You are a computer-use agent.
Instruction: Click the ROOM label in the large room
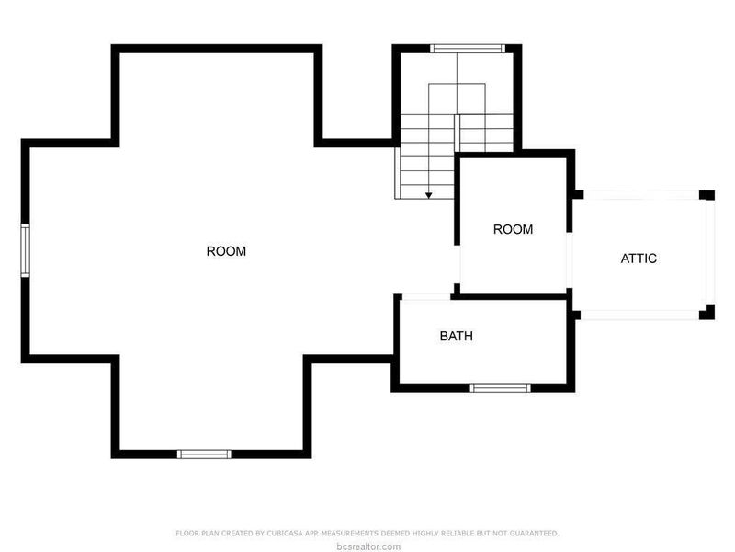(226, 251)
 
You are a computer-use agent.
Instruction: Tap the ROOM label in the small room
(513, 229)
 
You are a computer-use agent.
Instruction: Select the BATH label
(456, 336)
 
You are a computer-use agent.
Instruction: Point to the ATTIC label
(639, 259)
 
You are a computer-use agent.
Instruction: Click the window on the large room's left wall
(26, 249)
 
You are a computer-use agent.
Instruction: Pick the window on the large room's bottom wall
(204, 453)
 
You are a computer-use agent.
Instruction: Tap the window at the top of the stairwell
(468, 48)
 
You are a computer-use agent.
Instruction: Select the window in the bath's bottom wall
(500, 387)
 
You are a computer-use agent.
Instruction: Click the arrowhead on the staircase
(429, 195)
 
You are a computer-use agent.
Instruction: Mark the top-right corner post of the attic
(707, 195)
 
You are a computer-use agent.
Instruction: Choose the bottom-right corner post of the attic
(707, 312)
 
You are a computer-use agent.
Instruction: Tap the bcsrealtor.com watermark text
(367, 546)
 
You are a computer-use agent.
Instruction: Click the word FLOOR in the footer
(185, 533)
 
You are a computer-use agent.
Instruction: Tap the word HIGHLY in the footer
(414, 533)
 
